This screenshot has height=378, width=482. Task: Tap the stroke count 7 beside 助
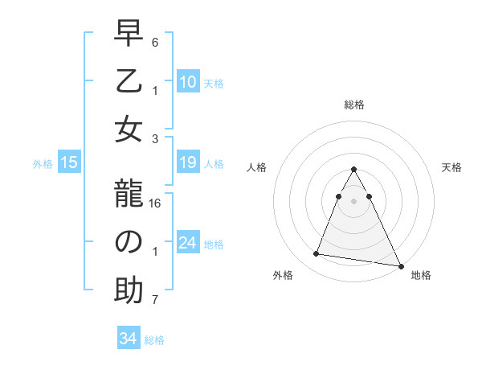(x=155, y=301)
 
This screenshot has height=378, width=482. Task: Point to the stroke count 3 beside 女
(x=155, y=138)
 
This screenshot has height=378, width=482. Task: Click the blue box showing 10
(x=188, y=81)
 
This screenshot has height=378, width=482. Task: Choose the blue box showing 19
(x=188, y=163)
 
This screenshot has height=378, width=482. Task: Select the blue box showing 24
(x=188, y=243)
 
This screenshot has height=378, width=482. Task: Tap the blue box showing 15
(x=69, y=163)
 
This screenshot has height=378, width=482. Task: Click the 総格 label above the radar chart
(x=354, y=105)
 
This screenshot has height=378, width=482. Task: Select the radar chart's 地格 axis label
(x=421, y=275)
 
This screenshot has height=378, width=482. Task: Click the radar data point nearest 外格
(x=317, y=254)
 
